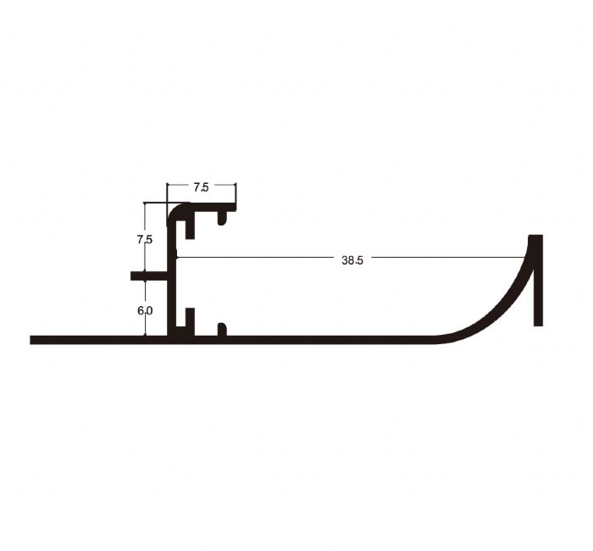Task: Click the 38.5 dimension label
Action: coord(352,260)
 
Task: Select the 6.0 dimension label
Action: coord(145,311)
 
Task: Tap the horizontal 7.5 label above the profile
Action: coord(201,187)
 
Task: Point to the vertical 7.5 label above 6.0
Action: coord(145,240)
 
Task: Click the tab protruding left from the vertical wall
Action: coord(149,275)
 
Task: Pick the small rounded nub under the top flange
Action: coord(222,218)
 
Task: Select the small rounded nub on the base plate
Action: coord(222,329)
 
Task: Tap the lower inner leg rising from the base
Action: coord(190,321)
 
